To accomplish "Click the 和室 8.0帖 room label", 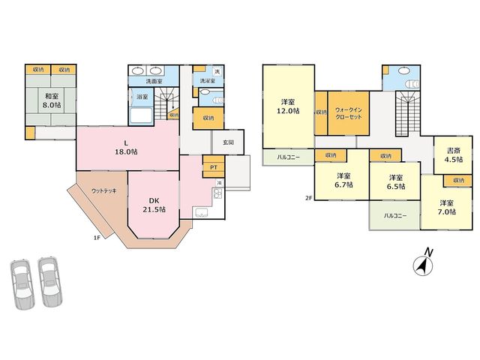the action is click(52, 100).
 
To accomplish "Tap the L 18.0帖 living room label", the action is click(126, 147).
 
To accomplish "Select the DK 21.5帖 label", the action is click(154, 205).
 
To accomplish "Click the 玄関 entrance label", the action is click(228, 142).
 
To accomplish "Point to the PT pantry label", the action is click(214, 167).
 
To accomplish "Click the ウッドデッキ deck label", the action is click(104, 191).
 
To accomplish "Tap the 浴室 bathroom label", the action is click(142, 97).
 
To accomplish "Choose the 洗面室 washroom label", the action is click(153, 82).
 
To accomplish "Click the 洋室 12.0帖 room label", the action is click(288, 106).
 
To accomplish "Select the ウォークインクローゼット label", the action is click(348, 113).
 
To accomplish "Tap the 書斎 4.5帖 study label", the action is click(454, 155).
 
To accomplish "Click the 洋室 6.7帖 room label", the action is click(343, 180).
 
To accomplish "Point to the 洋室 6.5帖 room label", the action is click(396, 181).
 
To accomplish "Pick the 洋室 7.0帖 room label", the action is click(447, 207).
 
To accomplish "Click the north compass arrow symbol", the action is click(423, 265).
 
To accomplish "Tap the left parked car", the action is click(22, 283).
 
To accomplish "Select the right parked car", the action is click(50, 281).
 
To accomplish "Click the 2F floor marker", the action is click(308, 198).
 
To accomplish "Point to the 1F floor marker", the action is click(97, 238).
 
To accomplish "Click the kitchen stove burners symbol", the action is click(218, 193).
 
